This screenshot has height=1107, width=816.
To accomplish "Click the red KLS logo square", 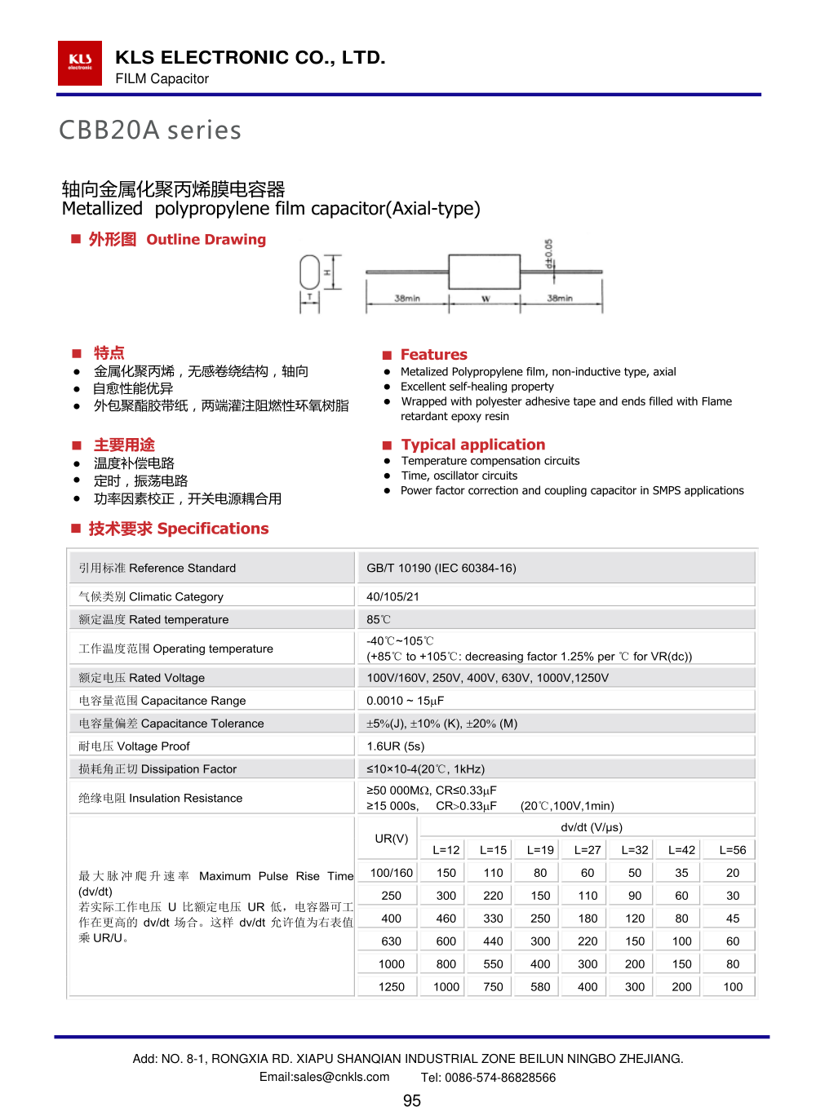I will tap(80, 63).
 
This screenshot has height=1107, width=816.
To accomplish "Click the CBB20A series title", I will tap(150, 131).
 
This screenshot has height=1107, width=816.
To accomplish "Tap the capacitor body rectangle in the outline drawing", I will tap(485, 271).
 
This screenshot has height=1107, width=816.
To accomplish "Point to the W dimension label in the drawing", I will tap(485, 299).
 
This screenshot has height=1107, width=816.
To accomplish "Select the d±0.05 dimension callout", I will tap(549, 254).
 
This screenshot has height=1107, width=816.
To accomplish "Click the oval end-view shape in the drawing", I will tap(309, 272).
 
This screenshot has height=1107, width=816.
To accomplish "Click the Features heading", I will tap(433, 355).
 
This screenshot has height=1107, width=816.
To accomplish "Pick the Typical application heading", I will tap(472, 445).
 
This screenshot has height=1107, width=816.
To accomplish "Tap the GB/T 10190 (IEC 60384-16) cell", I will tap(441, 568).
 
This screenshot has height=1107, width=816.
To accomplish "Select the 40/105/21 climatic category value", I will tap(392, 596).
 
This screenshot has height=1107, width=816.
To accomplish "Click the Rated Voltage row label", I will tap(142, 678).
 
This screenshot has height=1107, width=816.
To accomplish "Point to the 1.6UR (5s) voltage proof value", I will tap(396, 746).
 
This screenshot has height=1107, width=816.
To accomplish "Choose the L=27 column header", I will tap(588, 850).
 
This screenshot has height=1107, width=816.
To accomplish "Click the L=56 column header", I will tap(733, 850).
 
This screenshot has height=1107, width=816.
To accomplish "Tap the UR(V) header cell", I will tap(392, 839).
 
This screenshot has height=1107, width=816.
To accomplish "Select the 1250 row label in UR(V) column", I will tap(392, 986).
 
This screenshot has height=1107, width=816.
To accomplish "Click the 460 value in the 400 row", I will tap(446, 918).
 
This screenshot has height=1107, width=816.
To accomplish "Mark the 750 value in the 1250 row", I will tap(493, 986).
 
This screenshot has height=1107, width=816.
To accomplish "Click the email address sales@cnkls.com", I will tap(324, 1077).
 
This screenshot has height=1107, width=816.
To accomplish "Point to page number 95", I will tap(412, 1100).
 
